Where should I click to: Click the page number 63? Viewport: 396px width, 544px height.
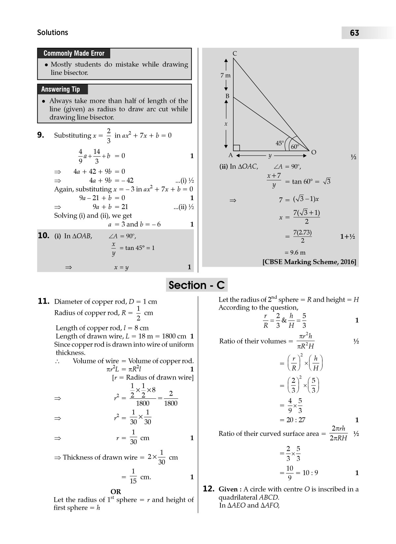coord(354,33)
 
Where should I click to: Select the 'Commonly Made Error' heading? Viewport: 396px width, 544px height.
coord(74,53)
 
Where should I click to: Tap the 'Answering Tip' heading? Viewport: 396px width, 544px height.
coord(60,89)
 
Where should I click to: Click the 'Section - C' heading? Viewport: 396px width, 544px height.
coord(197,285)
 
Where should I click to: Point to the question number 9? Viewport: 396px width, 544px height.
coord(41,135)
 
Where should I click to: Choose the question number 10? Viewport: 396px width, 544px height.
coord(44,235)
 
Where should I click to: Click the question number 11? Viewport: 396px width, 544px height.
coord(44,301)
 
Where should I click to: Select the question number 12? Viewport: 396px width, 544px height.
coord(209,489)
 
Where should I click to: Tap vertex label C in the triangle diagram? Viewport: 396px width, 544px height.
coord(235,53)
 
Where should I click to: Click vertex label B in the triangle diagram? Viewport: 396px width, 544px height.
coord(227,96)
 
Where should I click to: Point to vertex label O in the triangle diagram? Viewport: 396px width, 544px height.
coord(314,152)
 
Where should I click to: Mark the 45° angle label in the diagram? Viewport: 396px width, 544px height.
coord(280,143)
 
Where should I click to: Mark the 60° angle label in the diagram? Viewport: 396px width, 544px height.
coord(295,147)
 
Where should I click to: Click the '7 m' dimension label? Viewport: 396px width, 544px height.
coord(226,76)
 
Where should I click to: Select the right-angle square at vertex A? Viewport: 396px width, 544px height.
coord(236,148)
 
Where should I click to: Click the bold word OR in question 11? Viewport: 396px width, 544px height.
coord(116,491)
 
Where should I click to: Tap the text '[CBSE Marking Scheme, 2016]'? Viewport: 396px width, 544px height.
coord(309,262)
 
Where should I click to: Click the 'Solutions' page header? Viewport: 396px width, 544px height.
coord(52,32)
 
